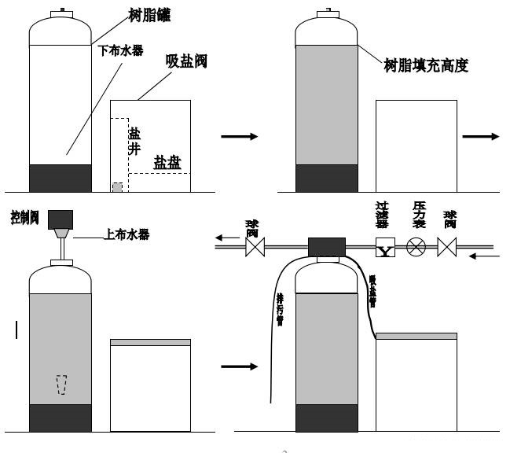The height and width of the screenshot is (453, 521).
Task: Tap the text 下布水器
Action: [x=122, y=49]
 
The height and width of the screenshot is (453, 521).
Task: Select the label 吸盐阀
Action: [x=186, y=61]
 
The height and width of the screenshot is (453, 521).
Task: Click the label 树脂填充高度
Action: [x=426, y=66]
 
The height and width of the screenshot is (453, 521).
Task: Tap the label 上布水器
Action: [x=127, y=234]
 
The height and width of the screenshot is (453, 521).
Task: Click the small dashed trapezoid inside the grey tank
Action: [x=61, y=385]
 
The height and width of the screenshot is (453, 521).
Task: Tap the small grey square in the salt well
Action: [x=117, y=187]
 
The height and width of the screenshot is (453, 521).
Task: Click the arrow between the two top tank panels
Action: [x=239, y=137]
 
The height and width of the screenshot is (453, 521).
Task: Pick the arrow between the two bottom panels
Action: [x=239, y=366]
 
